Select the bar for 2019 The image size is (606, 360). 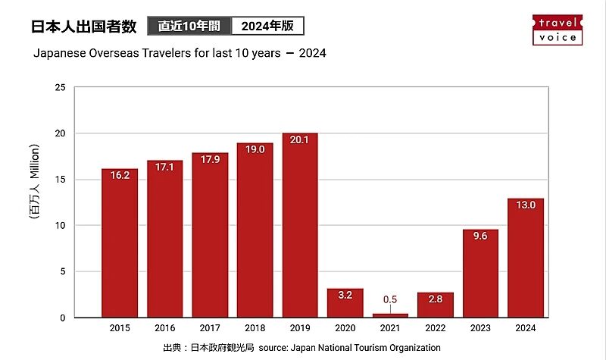(x=300, y=225)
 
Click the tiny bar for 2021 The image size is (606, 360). (x=390, y=315)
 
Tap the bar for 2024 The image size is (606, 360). (x=526, y=258)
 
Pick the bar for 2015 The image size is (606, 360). (x=120, y=243)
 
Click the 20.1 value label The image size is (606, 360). (x=300, y=139)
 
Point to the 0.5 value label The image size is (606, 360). (x=390, y=299)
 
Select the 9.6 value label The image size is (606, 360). (x=480, y=236)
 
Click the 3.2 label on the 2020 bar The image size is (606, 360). (x=345, y=295)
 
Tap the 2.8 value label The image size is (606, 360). (x=436, y=299)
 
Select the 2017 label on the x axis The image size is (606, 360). (x=210, y=329)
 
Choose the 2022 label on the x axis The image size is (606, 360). (x=436, y=329)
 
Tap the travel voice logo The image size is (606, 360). (x=558, y=29)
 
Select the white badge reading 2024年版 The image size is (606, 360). (x=267, y=26)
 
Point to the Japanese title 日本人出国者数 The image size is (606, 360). (x=83, y=26)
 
